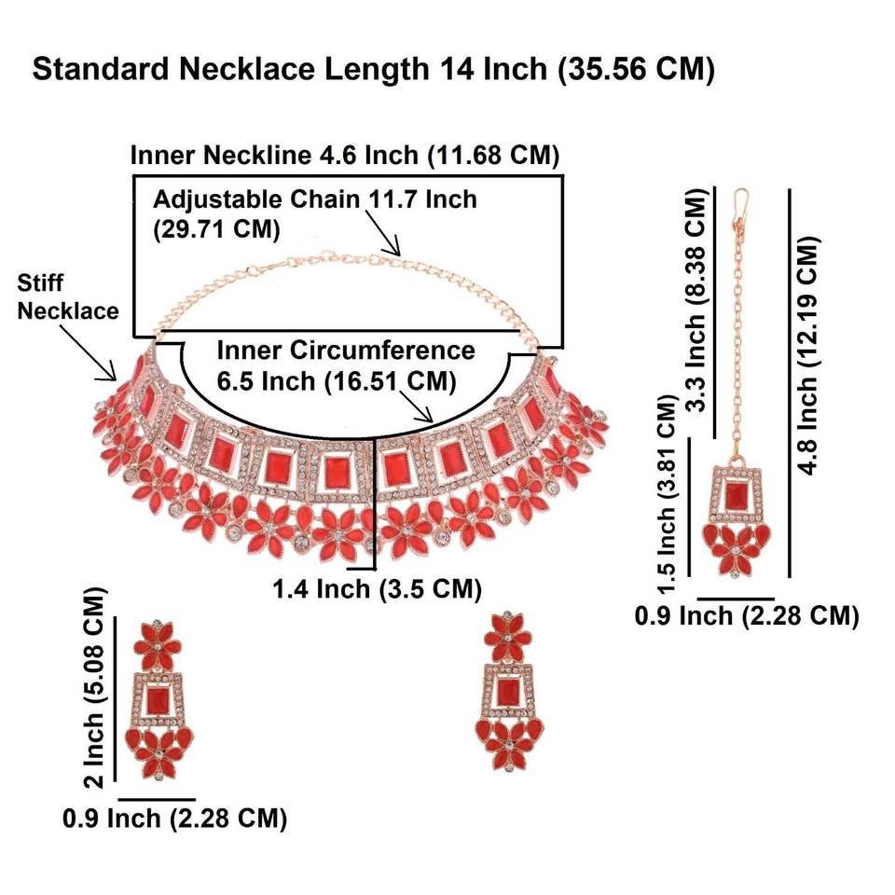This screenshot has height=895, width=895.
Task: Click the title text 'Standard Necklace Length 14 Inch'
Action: coord(373,70)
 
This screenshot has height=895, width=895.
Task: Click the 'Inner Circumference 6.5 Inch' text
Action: coord(346,365)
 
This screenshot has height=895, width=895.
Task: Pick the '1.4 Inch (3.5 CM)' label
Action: coord(377,589)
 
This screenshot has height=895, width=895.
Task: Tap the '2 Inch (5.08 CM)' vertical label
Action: coord(96,685)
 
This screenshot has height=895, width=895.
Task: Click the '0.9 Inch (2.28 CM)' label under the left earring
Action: coord(174,819)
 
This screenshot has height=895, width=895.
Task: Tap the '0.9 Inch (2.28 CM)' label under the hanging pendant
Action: coord(746,615)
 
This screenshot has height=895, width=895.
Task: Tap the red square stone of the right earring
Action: coord(507,692)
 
